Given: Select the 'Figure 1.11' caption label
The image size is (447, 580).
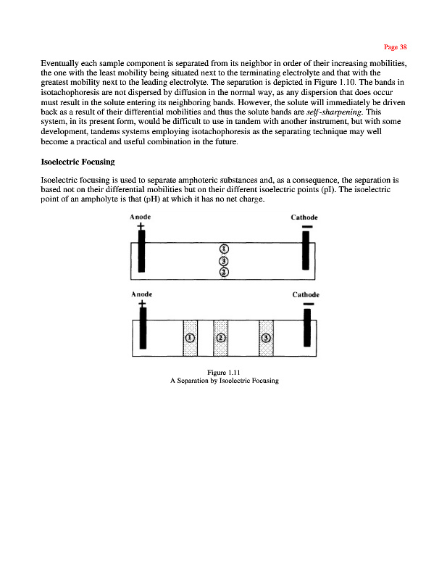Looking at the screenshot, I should coord(223,373).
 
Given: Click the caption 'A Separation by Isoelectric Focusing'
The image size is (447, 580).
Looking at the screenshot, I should coord(223,381).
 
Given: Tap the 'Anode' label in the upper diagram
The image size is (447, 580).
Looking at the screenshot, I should coord(140,216).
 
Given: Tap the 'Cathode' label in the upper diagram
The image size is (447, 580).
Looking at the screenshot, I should coord(307,217).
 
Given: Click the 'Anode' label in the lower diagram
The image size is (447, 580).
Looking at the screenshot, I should coord(140,294).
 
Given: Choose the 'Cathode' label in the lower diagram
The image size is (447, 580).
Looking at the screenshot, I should coord(309,295).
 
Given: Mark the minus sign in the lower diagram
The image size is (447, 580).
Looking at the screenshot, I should coord(308,304).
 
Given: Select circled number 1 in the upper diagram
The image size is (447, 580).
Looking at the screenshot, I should coord(224,250).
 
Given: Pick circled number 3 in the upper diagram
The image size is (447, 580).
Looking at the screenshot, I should coord(224,261).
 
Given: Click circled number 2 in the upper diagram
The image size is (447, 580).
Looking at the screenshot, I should coord(224,272).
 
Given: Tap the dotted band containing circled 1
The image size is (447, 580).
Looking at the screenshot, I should coord(190,338).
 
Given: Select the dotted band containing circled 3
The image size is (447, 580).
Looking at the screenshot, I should coord(266,338).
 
